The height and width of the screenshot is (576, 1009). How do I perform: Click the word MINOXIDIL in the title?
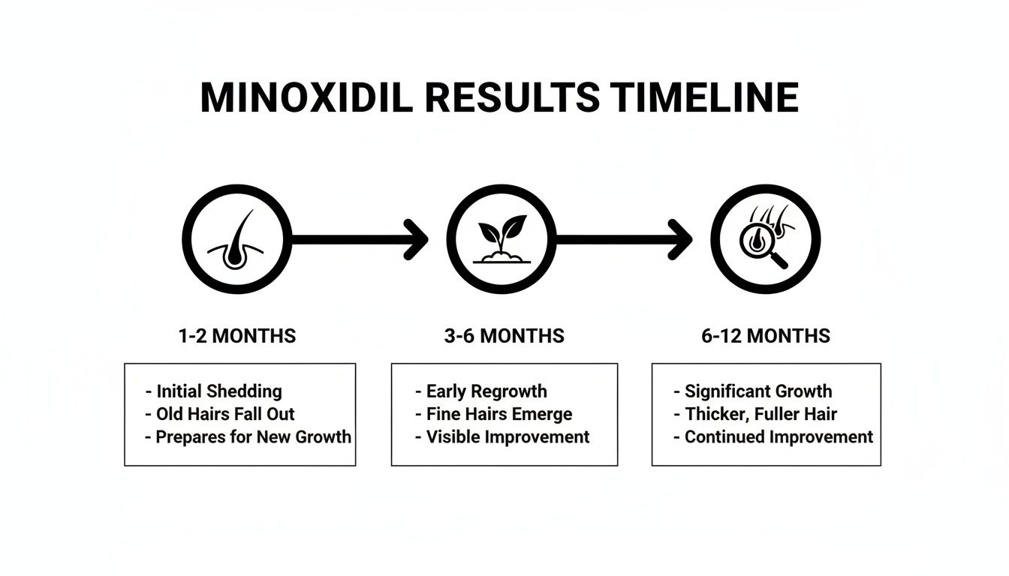pos(306,97)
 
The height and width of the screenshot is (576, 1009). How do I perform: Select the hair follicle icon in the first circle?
pos(236,240)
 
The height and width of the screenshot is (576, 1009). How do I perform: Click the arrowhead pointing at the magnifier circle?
pos(680,240)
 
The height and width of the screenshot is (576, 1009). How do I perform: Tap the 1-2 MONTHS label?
pos(237,336)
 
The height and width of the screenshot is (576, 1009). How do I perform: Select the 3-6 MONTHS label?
pos(505,336)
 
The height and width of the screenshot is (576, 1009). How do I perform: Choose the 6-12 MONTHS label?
pos(766,336)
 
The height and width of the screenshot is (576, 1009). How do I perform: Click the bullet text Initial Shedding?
pos(218,391)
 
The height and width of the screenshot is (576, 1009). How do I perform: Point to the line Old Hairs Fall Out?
pos(225,414)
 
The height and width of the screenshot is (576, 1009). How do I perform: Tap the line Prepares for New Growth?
pos(253,436)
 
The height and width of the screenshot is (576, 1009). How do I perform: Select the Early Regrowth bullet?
pos(486,391)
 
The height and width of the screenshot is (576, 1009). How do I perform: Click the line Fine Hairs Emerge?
pos(498,414)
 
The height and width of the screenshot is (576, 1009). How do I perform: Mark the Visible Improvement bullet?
pos(508,436)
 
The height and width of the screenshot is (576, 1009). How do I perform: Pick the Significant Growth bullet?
pos(758,391)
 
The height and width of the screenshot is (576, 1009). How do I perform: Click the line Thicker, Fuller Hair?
pos(760,414)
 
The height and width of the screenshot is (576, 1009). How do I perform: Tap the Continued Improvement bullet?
pos(778,436)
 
